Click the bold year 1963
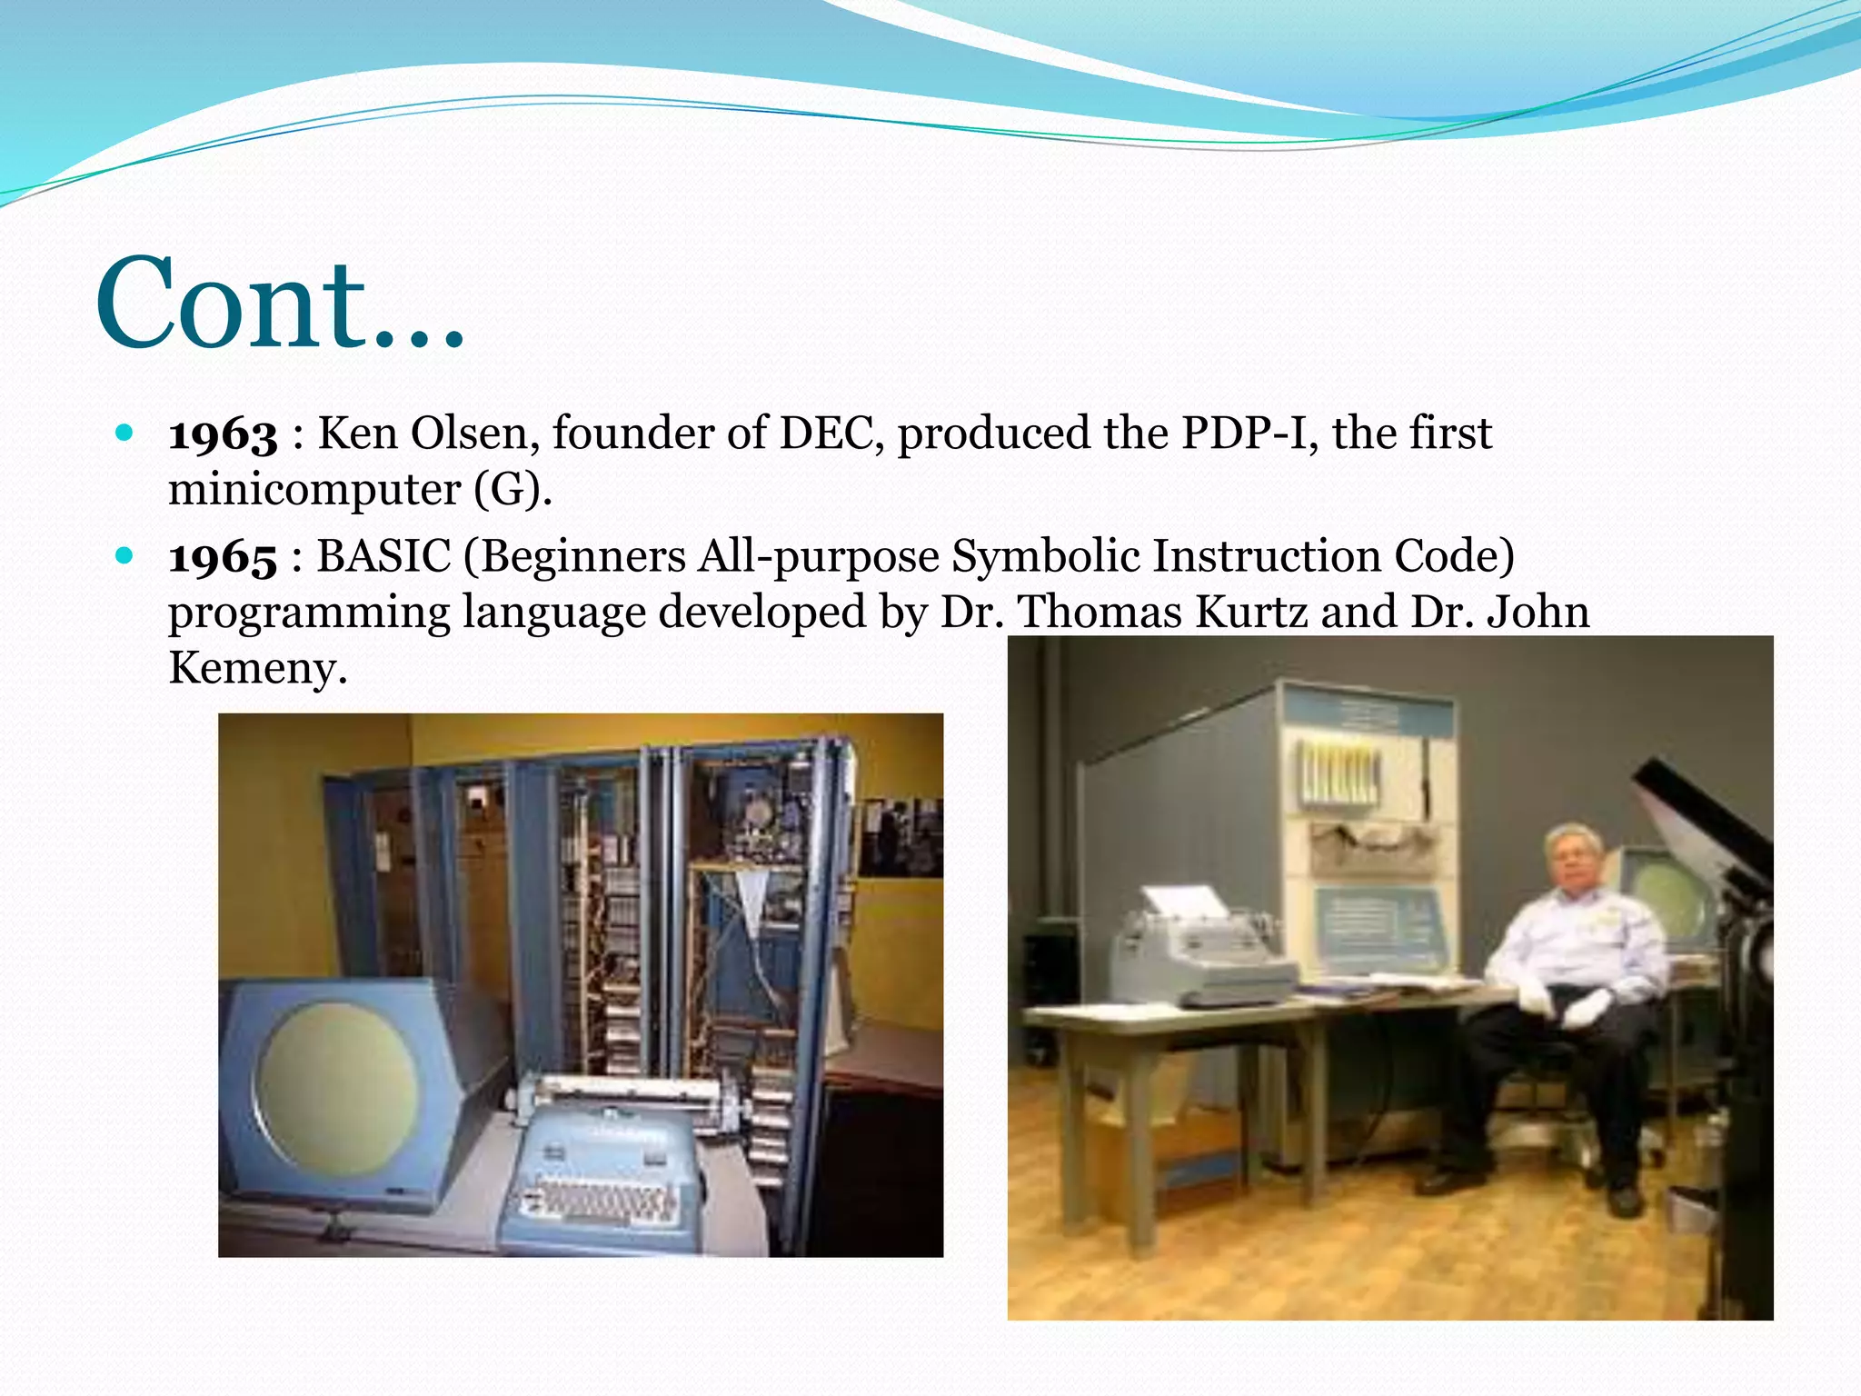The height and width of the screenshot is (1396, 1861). pyautogui.click(x=223, y=434)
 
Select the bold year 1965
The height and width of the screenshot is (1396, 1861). pyautogui.click(x=223, y=557)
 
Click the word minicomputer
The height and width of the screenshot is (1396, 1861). pyautogui.click(x=314, y=490)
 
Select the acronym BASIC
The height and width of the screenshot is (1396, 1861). pyautogui.click(x=383, y=556)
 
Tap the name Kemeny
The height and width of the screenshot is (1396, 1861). pyautogui.click(x=257, y=669)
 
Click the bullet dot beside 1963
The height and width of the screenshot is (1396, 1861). pyautogui.click(x=125, y=432)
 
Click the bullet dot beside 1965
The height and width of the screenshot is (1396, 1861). pyautogui.click(x=125, y=554)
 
